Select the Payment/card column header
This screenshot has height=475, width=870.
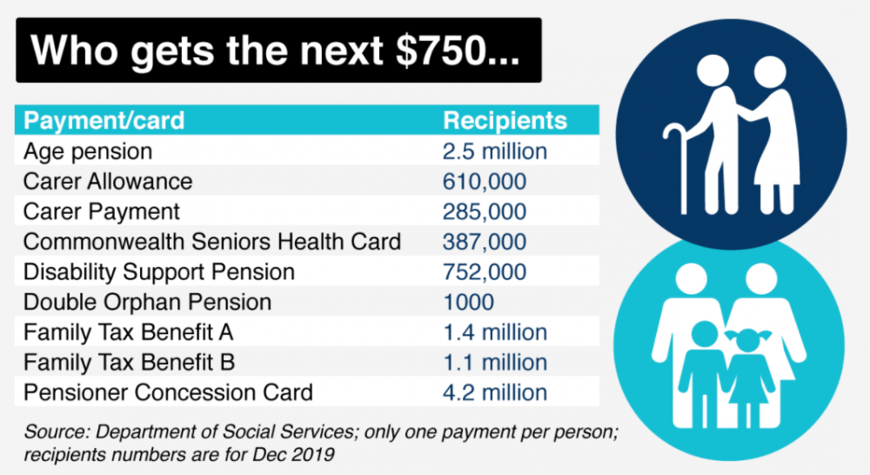coord(104,120)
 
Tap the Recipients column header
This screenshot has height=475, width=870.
coord(505,120)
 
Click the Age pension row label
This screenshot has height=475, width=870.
coord(88,151)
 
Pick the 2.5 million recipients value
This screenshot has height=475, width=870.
coord(495,151)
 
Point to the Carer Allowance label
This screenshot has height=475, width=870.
coord(108,182)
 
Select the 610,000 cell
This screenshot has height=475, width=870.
coord(485,182)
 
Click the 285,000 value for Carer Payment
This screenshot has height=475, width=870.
coord(485,212)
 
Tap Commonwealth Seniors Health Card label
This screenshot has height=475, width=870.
coord(212,242)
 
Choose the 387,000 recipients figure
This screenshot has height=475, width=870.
coord(485,242)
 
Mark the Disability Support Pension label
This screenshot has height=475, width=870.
coord(158,272)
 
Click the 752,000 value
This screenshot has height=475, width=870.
coord(485,272)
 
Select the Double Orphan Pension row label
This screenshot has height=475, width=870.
coord(147,303)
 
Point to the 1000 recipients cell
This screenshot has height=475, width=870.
coord(469,303)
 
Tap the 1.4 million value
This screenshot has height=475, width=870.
coord(495,332)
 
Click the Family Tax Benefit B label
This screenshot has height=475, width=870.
coord(129,363)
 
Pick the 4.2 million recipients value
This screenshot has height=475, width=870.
coord(495,393)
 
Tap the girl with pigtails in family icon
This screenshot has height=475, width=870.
coord(748,378)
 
